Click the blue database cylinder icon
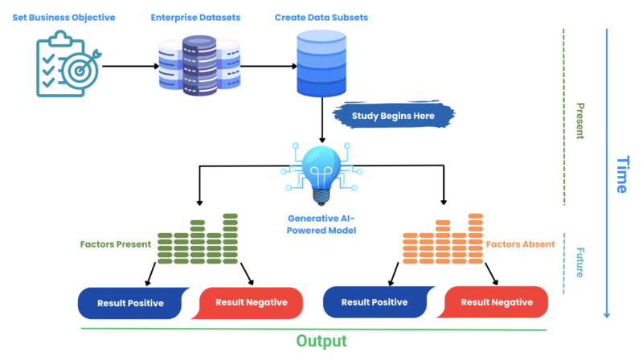click(x=321, y=63)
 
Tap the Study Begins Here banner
click(x=393, y=116)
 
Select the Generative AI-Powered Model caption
click(x=321, y=224)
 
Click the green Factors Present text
click(x=116, y=243)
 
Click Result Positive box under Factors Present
click(x=130, y=303)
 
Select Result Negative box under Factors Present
click(x=251, y=303)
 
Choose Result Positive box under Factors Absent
click(x=375, y=303)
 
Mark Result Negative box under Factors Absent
click(x=495, y=303)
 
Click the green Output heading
click(x=321, y=342)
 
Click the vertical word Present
click(x=579, y=121)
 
